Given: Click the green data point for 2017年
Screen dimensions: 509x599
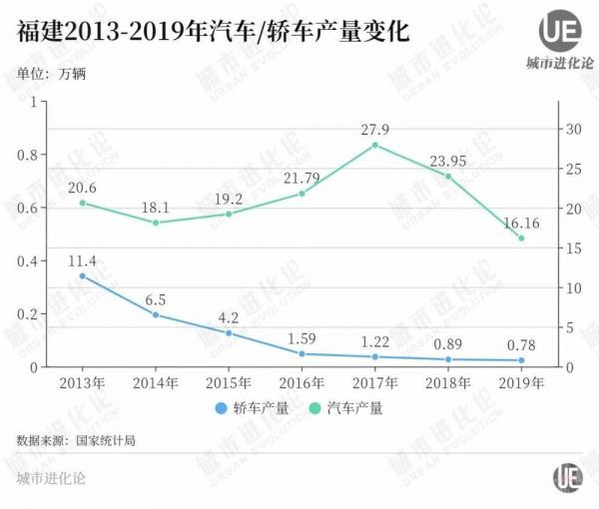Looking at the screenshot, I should tap(374, 145).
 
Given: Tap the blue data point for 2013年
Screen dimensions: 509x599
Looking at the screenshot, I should tap(82, 276).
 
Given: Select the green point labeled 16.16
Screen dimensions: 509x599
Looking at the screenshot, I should tap(521, 238).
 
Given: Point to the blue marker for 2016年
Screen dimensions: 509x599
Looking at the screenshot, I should tap(301, 353).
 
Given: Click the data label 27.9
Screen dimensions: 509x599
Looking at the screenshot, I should tap(374, 128).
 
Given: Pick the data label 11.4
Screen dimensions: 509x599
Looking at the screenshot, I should tap(82, 259).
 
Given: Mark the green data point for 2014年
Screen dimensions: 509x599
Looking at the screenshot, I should tap(156, 223).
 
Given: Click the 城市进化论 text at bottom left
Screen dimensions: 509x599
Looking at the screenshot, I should tap(51, 478).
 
